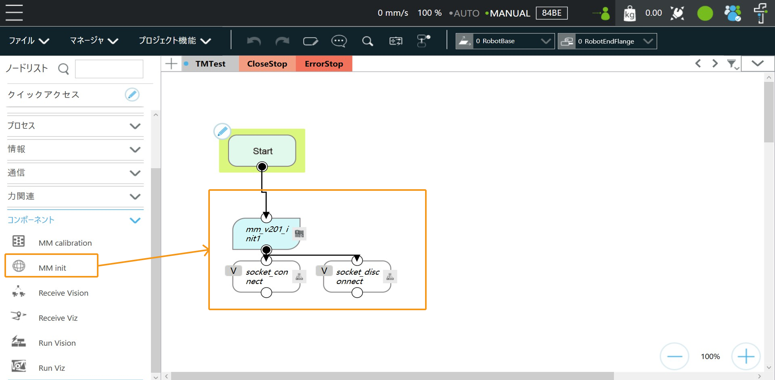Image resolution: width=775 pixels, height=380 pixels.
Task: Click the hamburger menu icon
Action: [14, 13]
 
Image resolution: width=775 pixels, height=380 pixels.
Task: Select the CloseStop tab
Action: [267, 64]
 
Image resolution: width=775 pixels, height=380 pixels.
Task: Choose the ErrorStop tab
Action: [324, 64]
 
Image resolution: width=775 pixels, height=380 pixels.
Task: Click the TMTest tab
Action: [210, 64]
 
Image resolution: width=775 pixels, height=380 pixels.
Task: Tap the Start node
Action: [262, 151]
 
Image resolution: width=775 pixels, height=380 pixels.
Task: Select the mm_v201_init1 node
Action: [266, 234]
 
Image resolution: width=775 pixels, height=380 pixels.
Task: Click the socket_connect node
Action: [266, 277]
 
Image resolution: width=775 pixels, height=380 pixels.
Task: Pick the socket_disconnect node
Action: [357, 277]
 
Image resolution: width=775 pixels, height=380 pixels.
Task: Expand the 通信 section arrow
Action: [135, 173]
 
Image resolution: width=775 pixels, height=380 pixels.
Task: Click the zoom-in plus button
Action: [746, 356]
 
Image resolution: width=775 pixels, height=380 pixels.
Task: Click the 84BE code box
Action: [551, 13]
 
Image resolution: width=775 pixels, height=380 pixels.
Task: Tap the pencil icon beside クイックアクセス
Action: [132, 94]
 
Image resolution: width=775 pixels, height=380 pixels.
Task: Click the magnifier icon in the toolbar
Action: [367, 41]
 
